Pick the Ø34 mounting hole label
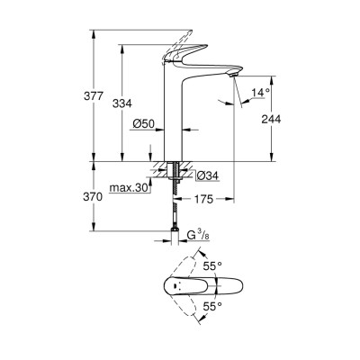click(203, 175)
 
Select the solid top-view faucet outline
click(193, 289)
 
